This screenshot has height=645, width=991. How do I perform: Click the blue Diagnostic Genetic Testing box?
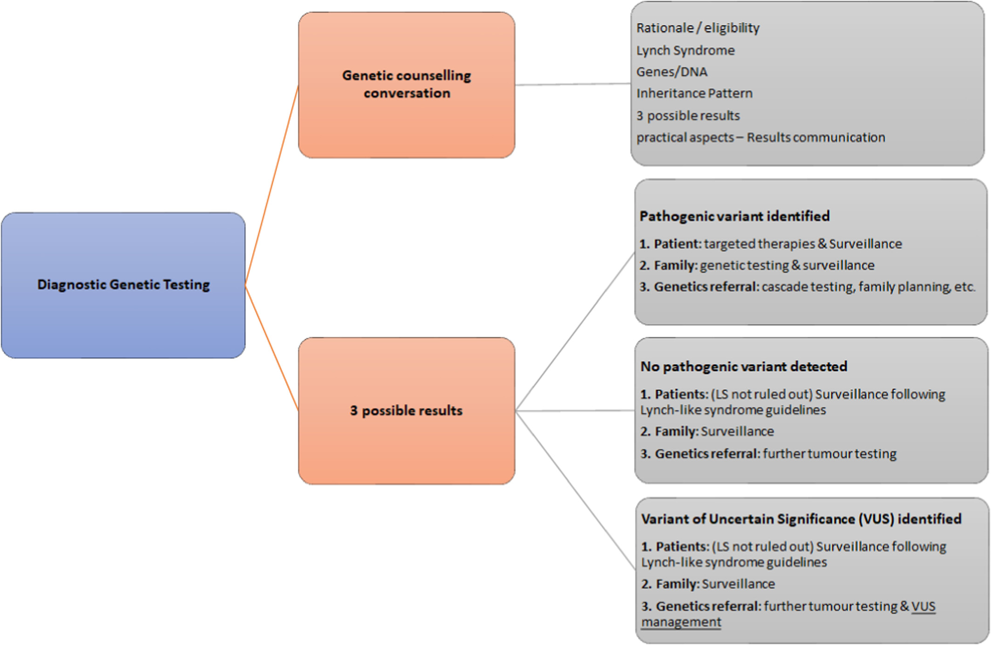point(123,285)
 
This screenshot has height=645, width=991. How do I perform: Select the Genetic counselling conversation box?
point(407,85)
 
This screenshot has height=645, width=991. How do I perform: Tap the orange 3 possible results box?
point(407,410)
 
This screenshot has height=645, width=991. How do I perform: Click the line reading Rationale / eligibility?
point(698,28)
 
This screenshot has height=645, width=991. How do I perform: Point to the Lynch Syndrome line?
point(686,50)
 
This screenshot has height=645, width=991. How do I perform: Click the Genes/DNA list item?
point(672,72)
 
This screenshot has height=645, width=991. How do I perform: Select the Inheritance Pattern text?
point(694,93)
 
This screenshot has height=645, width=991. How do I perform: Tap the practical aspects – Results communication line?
point(760,137)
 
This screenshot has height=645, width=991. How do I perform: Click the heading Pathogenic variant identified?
point(734,216)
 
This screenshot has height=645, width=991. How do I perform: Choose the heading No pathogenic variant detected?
point(744,366)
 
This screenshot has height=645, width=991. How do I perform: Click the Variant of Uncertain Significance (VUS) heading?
point(801,518)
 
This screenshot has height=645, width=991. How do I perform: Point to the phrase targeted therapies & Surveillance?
point(803,243)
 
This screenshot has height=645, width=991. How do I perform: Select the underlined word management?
point(681,622)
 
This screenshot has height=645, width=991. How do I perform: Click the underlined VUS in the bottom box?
point(923,606)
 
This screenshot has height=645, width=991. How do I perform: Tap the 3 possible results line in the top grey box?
point(688,115)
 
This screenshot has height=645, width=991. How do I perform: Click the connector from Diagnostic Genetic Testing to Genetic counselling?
point(272,185)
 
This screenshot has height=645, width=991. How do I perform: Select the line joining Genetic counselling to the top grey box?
point(573,84)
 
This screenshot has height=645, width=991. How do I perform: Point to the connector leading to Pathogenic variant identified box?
point(575,331)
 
